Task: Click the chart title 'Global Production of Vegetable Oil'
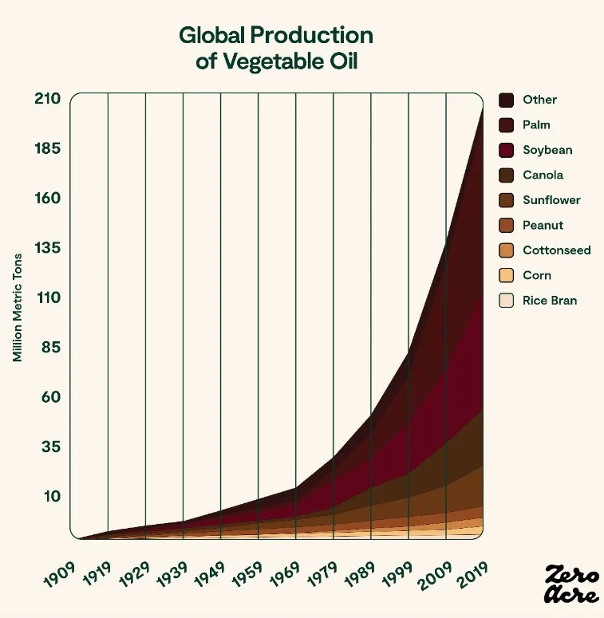click(275, 48)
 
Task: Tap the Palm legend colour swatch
click(506, 125)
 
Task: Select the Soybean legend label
click(547, 150)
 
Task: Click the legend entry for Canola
click(543, 175)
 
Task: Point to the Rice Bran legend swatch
click(506, 301)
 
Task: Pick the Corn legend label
click(536, 275)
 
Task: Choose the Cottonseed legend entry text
click(556, 250)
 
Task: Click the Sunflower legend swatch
click(506, 200)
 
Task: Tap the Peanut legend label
click(543, 226)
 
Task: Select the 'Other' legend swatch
click(506, 100)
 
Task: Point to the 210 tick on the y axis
click(47, 99)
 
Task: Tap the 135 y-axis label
click(47, 248)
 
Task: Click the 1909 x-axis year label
click(61, 573)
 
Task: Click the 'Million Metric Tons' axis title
click(17, 307)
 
